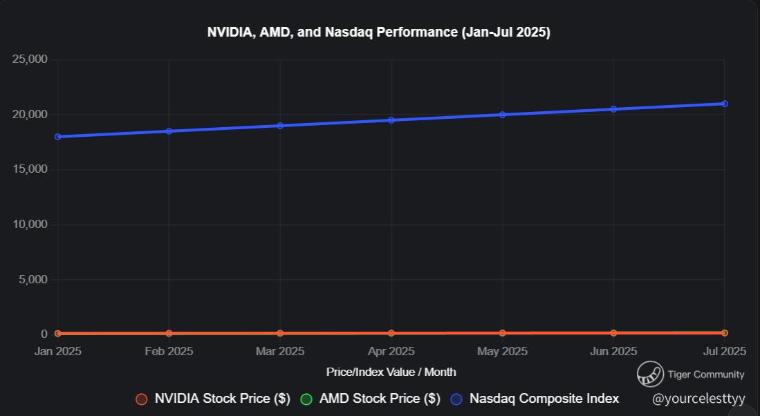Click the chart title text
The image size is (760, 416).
[x=379, y=32]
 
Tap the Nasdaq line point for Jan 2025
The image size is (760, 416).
[x=57, y=137]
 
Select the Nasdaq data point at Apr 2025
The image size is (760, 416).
[x=391, y=120]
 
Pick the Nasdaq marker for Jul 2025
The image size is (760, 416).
[x=724, y=104]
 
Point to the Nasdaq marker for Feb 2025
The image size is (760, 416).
[x=169, y=131]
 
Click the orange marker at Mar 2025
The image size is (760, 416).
[x=280, y=333]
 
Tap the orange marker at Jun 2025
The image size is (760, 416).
[x=613, y=333]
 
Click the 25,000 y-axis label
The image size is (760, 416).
[x=30, y=59]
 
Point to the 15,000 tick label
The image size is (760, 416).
[x=30, y=169]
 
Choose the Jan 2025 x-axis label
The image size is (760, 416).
[x=57, y=351]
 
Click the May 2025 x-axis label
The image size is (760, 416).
[x=502, y=351]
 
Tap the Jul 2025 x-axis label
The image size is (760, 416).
[x=724, y=351]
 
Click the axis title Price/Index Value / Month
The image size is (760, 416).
[x=391, y=372]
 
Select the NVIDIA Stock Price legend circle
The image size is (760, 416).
[x=142, y=399]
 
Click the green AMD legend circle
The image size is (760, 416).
[x=306, y=399]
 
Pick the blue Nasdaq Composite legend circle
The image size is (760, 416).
[x=456, y=399]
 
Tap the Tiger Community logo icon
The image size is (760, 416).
[x=650, y=374]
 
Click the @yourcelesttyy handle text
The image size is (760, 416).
[x=698, y=399]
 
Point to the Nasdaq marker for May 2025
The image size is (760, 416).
[x=502, y=115]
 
